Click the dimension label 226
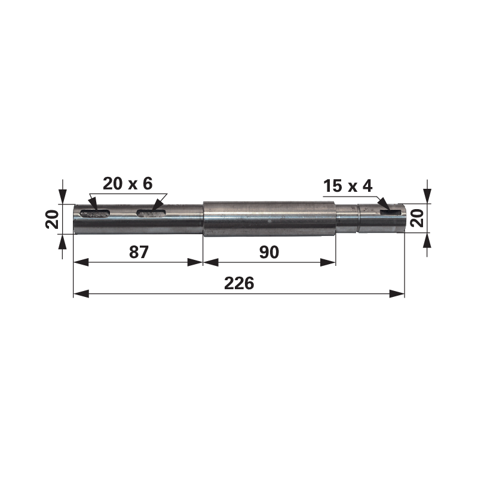point(239,283)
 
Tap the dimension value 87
point(139,252)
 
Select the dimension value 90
point(269,252)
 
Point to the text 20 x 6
point(128,183)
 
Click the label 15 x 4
point(347,186)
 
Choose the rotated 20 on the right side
point(418,219)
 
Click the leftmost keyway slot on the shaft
point(96,212)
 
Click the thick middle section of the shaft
point(269,219)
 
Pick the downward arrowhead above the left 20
point(62,198)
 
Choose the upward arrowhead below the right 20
point(427,240)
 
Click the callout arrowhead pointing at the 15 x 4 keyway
point(382,206)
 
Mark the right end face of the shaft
point(405,218)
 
